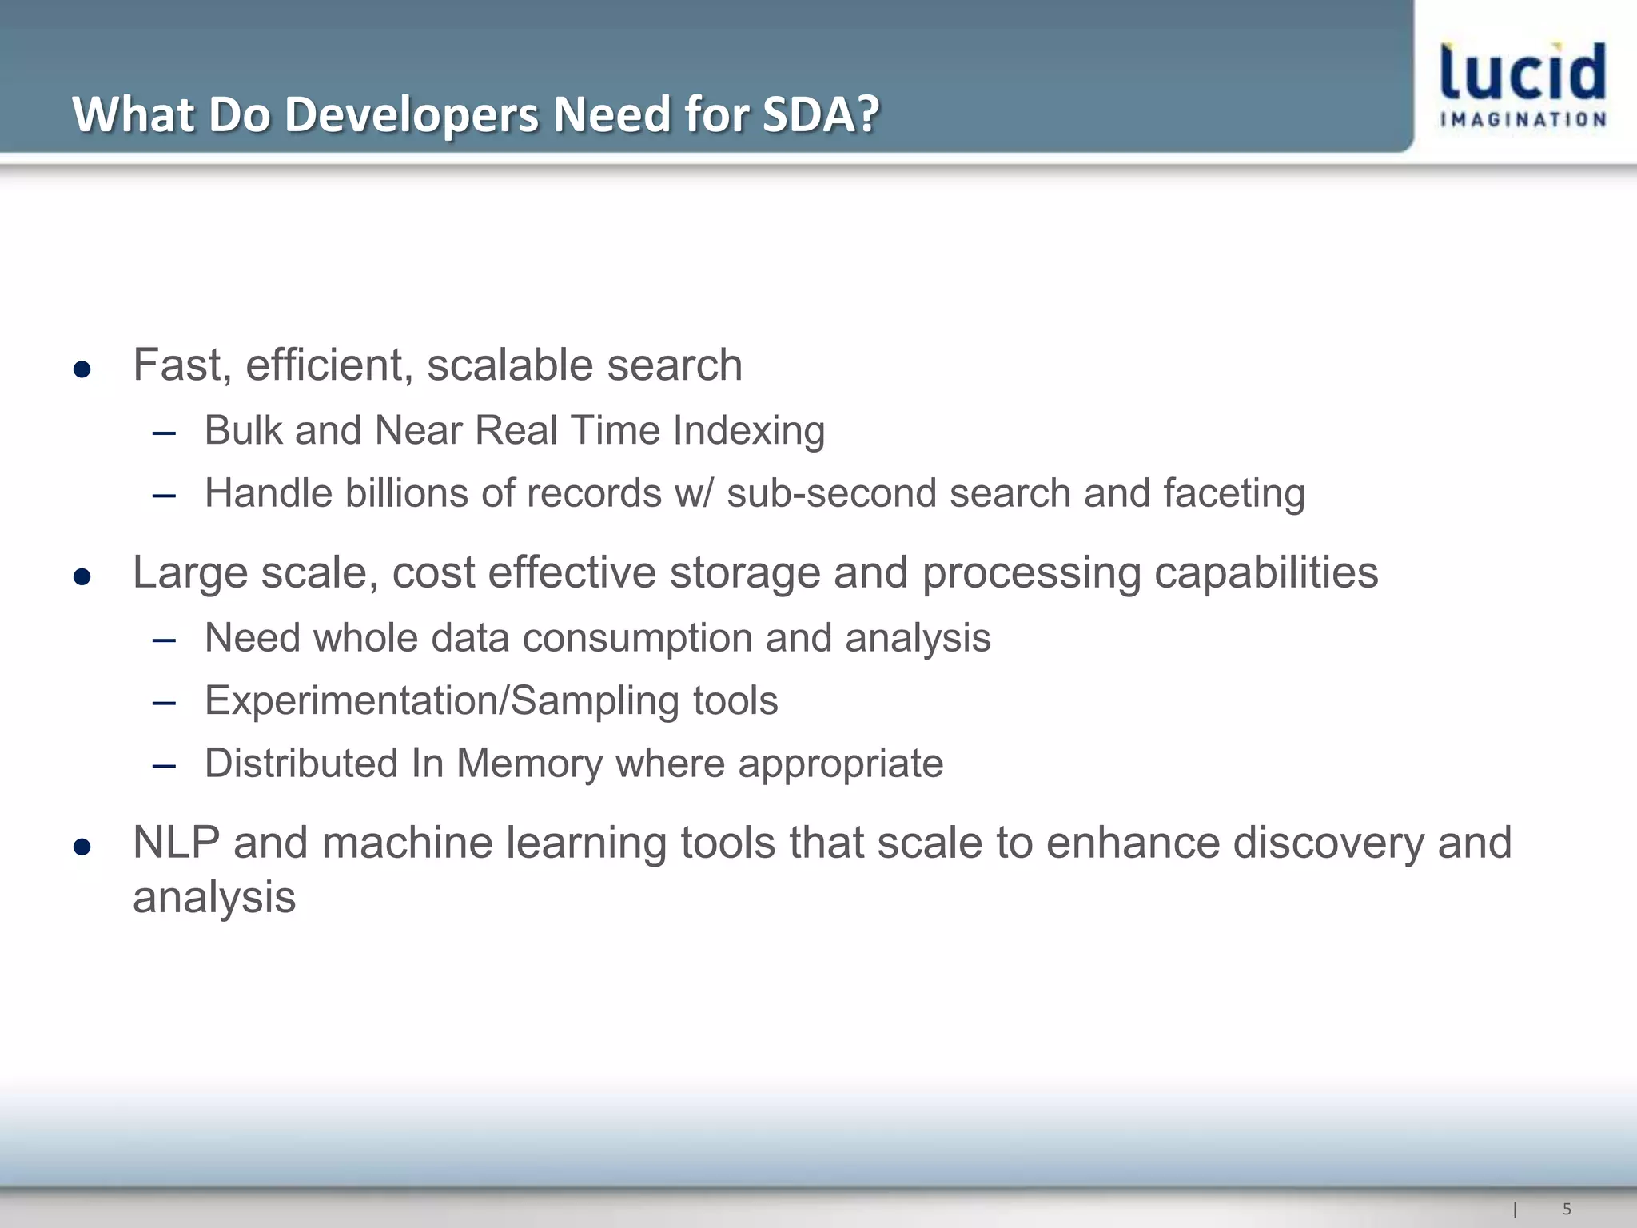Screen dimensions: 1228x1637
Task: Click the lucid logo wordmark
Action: (x=1523, y=72)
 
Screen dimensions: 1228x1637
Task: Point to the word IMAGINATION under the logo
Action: (x=1523, y=120)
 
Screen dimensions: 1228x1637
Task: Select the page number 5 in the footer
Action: (x=1567, y=1209)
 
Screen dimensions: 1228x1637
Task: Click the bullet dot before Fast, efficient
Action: (x=82, y=369)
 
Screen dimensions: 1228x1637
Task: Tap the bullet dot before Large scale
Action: (x=82, y=576)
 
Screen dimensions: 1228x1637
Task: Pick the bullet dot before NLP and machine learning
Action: (x=82, y=847)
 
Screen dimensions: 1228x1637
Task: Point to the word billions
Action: (x=406, y=493)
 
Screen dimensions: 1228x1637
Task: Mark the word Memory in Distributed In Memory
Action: (x=529, y=764)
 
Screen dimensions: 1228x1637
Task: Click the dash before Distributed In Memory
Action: (x=164, y=766)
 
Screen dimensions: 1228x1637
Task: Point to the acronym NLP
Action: (x=176, y=843)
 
